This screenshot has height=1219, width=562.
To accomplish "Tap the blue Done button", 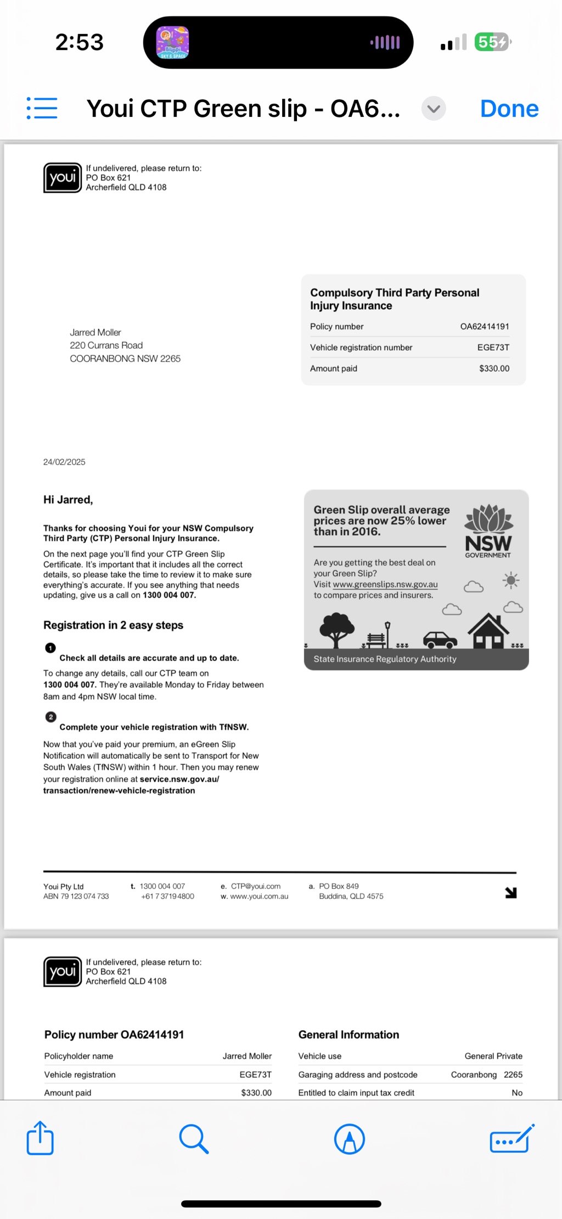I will pyautogui.click(x=509, y=109).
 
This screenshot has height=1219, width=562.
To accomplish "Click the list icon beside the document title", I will pyautogui.click(x=42, y=108).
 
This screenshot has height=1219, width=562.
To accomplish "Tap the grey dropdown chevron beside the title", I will pyautogui.click(x=434, y=108).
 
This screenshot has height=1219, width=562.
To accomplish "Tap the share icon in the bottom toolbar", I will pyautogui.click(x=40, y=1138).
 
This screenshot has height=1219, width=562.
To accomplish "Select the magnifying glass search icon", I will pyautogui.click(x=194, y=1139).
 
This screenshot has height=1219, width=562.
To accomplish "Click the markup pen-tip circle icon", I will pyautogui.click(x=350, y=1139).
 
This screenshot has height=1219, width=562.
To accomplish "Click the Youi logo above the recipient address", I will pyautogui.click(x=63, y=178).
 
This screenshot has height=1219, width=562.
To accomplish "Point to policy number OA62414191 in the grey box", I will pyautogui.click(x=484, y=327).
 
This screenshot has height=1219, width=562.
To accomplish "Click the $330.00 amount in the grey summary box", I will pyautogui.click(x=494, y=368).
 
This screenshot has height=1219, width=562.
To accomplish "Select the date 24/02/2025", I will pyautogui.click(x=64, y=462).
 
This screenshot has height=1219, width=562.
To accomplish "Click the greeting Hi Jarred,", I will pyautogui.click(x=68, y=500).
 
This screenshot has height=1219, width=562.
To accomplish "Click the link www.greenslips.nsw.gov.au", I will pyautogui.click(x=385, y=584).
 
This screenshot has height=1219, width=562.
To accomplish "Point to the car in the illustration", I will pyautogui.click(x=440, y=640).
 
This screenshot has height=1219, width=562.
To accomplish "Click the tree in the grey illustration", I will pyautogui.click(x=336, y=629).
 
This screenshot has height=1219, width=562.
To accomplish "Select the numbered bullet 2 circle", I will pyautogui.click(x=51, y=717).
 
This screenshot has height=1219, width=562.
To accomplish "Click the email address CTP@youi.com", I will pyautogui.click(x=255, y=886).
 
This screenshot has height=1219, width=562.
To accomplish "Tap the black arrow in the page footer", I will pyautogui.click(x=511, y=893).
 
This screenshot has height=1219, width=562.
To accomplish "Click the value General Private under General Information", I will pyautogui.click(x=493, y=1056).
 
